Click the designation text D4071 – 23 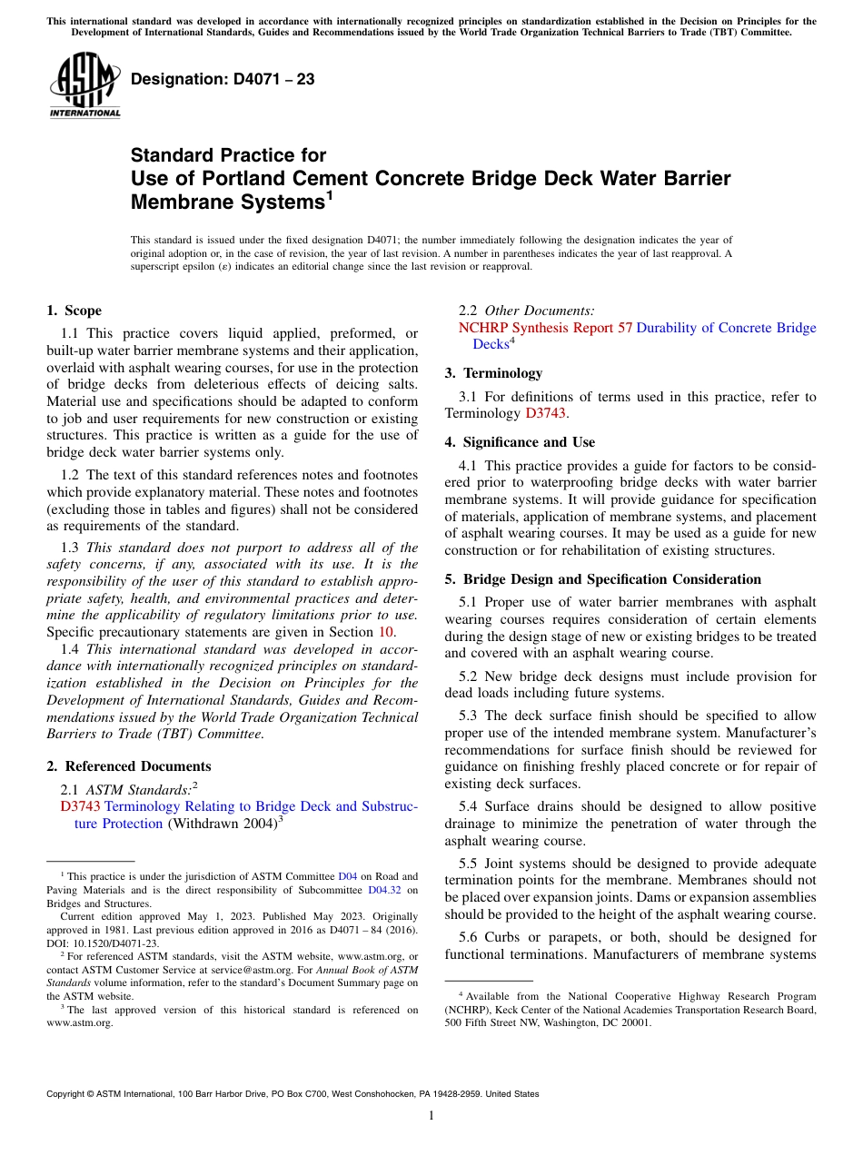(223, 80)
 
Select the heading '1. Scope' (74, 311)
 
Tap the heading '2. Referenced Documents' (128, 766)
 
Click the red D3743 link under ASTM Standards (80, 806)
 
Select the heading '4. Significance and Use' (520, 442)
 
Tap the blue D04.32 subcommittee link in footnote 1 (384, 876)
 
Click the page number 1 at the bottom (431, 1116)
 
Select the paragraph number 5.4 (471, 806)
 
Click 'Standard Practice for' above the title (228, 155)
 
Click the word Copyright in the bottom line (68, 1094)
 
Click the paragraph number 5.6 (471, 937)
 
